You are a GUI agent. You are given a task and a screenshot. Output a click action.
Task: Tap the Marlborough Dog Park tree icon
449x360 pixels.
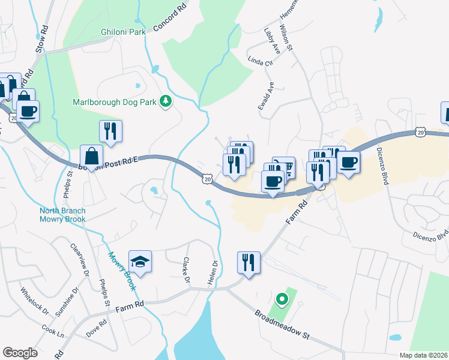click(x=166, y=102)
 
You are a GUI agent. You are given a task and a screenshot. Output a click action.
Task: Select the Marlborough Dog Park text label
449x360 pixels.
click(x=115, y=102)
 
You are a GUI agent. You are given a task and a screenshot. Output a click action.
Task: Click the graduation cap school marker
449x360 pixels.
click(x=140, y=262)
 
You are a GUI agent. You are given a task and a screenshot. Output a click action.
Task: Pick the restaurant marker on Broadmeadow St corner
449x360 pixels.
click(x=249, y=262)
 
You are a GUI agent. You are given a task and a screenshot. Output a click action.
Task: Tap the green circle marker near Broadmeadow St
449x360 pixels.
click(x=280, y=298)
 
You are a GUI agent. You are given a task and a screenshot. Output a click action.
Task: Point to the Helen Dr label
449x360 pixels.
click(x=214, y=272)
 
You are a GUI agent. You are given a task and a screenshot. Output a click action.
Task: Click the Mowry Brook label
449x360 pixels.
click(x=123, y=271)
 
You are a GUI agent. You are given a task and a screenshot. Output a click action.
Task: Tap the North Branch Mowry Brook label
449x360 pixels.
click(x=62, y=215)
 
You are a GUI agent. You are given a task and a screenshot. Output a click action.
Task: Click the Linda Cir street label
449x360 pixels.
click(x=261, y=61)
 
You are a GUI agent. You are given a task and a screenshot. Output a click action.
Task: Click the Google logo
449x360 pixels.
click(x=20, y=353)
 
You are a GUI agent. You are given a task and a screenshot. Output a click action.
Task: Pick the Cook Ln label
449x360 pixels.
click(x=53, y=331)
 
